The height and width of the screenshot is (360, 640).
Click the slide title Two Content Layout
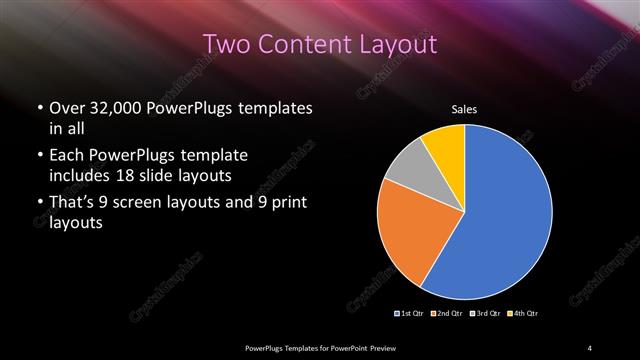[x=320, y=44]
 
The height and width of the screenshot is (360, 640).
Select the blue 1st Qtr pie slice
[x=505, y=215]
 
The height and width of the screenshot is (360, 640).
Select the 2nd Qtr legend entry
[x=447, y=314]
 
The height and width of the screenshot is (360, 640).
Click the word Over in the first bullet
[x=65, y=108]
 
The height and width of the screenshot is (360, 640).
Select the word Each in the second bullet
[x=66, y=156]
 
